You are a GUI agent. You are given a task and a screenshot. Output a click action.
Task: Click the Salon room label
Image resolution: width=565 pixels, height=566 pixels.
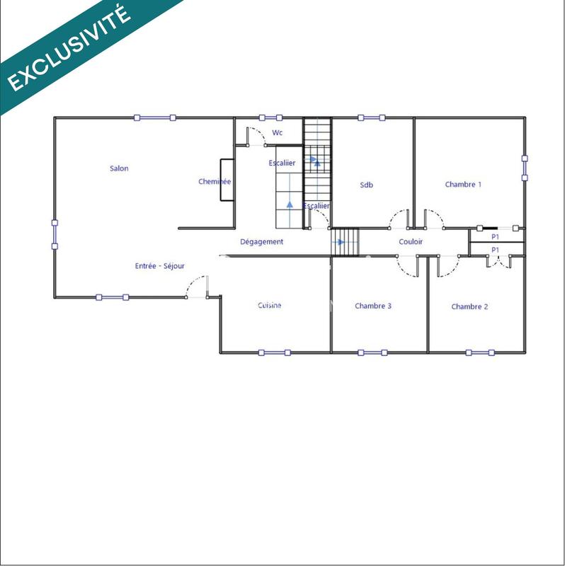119,168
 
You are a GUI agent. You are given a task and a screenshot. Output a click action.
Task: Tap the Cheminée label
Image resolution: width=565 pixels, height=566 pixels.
214,182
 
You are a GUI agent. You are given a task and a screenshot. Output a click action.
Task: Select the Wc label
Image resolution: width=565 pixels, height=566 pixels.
278,132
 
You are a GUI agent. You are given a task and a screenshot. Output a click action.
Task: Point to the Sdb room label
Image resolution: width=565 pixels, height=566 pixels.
366,185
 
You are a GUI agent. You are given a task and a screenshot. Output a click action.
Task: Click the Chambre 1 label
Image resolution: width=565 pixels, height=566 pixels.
463,185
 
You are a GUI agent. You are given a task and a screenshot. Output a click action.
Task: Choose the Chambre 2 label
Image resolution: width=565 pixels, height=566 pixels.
469,306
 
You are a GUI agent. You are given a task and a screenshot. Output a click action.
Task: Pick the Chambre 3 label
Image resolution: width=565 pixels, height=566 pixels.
373,306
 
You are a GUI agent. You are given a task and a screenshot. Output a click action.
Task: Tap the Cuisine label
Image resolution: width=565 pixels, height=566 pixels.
269,306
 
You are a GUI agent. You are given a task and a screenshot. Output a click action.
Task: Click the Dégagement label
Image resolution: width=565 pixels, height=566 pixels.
261,242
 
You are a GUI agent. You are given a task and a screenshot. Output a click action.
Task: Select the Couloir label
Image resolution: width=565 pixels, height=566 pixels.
411,242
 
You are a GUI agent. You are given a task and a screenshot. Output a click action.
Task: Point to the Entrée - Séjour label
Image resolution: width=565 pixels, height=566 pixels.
160,266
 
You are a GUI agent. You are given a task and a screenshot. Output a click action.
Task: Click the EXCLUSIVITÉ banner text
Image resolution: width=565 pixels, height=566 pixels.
69,49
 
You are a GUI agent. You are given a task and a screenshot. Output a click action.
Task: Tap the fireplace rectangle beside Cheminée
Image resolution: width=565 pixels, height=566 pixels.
227,181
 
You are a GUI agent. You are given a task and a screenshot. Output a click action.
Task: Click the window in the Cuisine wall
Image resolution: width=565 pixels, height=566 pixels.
274,352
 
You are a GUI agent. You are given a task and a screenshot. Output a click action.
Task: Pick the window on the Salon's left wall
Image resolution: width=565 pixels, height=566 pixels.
55,234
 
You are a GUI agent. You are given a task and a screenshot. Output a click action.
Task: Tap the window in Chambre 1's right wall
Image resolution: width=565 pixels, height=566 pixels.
525,168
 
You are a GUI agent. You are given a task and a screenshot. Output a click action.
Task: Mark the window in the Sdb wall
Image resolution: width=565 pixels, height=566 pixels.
372,117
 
